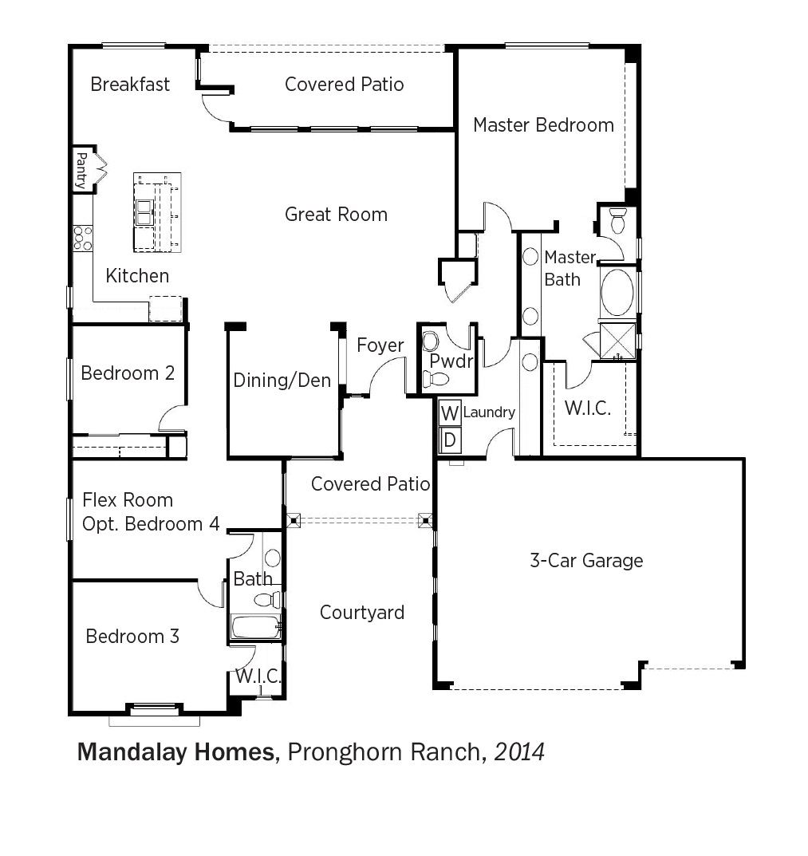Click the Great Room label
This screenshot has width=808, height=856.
(x=336, y=215)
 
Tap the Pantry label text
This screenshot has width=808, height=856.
(x=81, y=171)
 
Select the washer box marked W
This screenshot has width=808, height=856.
(x=450, y=412)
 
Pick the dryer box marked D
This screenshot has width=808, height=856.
(x=450, y=440)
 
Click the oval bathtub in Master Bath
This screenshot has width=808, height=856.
(x=617, y=291)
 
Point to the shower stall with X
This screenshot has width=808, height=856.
(x=618, y=341)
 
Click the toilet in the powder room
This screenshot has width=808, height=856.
(x=436, y=378)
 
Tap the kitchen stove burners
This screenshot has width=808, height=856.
(x=83, y=238)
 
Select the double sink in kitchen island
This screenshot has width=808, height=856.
(x=144, y=212)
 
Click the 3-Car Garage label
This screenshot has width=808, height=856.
(x=586, y=561)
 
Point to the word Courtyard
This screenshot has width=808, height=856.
(x=362, y=613)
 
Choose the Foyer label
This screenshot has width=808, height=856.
(x=380, y=345)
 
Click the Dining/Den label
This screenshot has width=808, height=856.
(x=282, y=380)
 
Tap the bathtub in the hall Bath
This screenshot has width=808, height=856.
(x=256, y=626)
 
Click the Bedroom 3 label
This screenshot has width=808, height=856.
(x=132, y=636)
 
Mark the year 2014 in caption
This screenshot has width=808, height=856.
(x=519, y=751)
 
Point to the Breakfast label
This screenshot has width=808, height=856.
(x=130, y=84)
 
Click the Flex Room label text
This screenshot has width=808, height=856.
(x=127, y=499)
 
